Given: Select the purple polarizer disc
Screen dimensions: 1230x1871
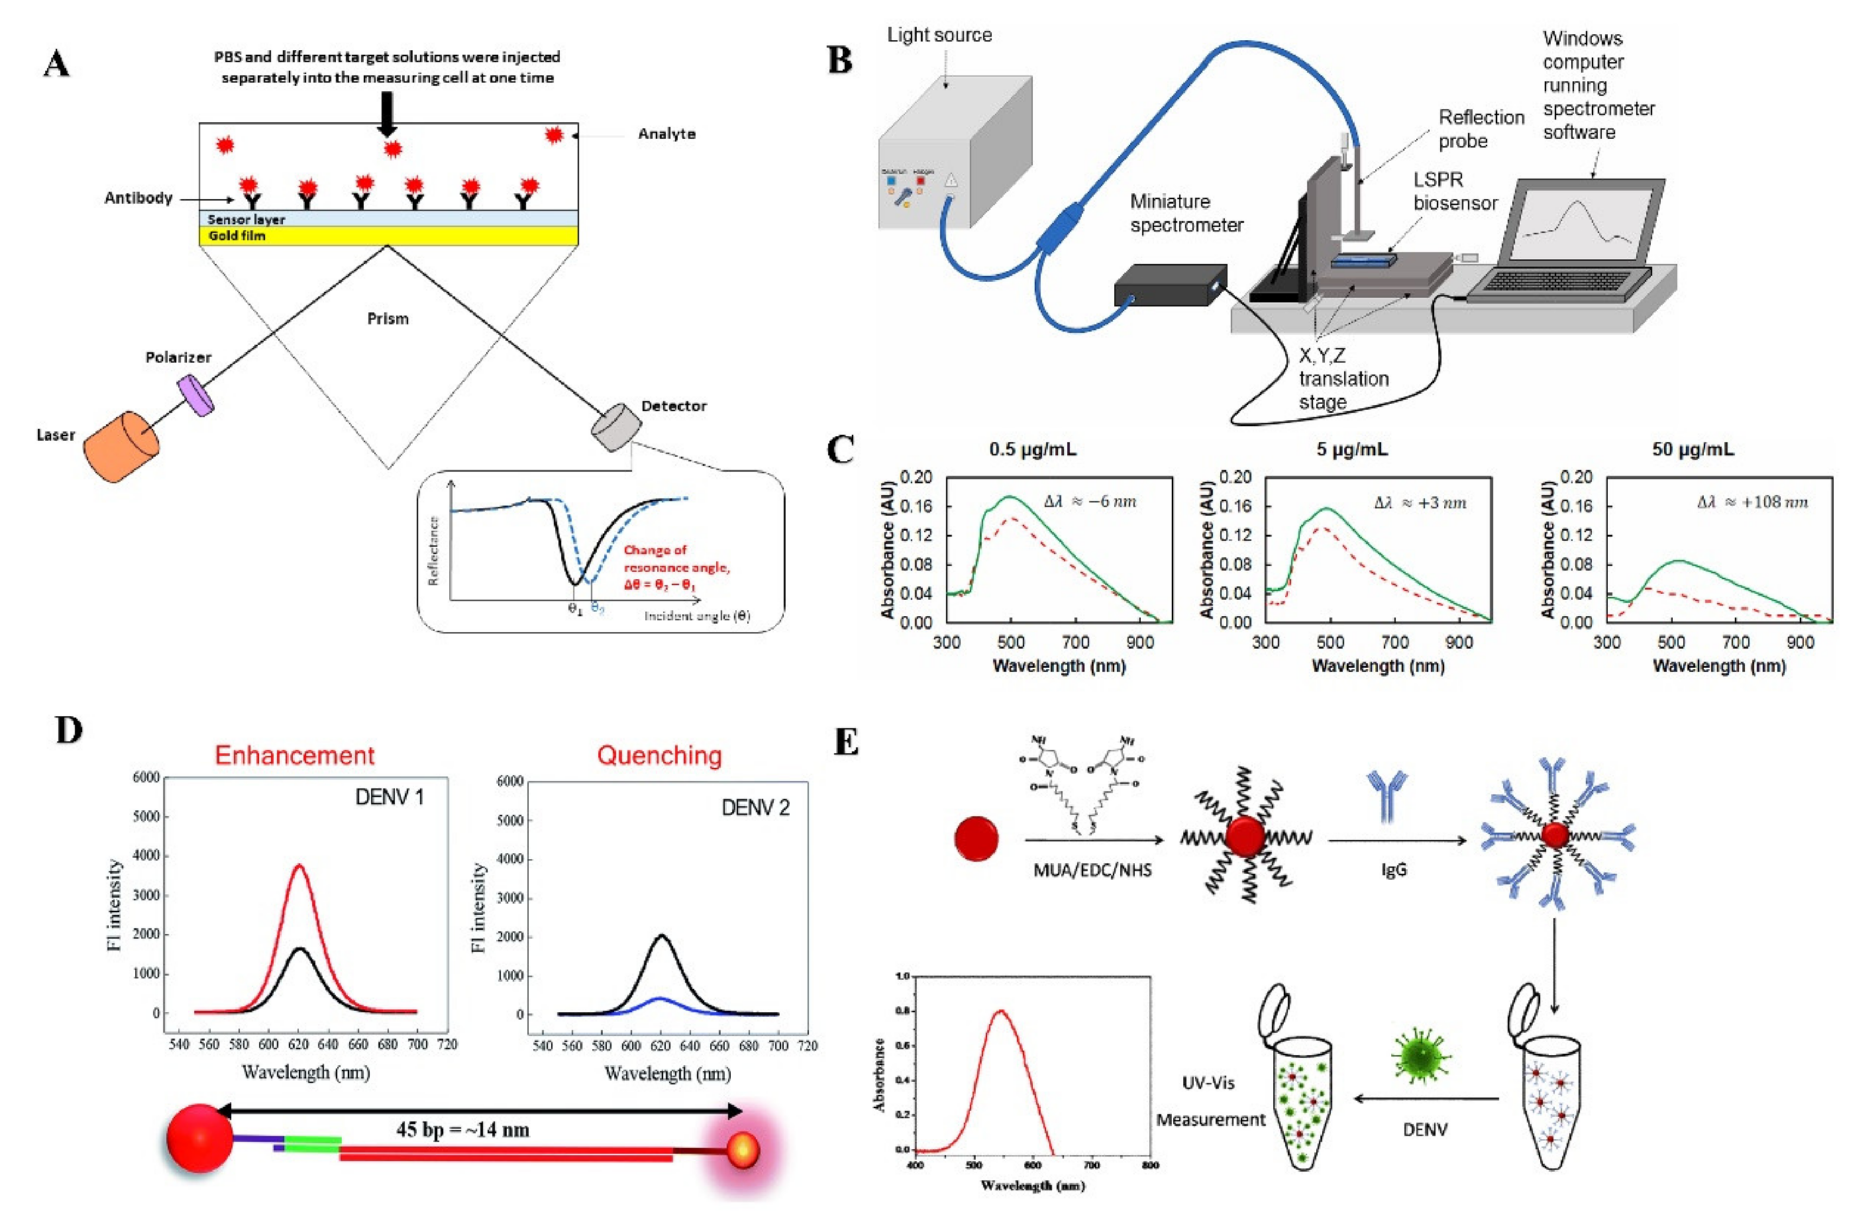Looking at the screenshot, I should click(x=195, y=395).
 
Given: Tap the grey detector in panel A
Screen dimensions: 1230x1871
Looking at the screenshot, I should click(x=616, y=428).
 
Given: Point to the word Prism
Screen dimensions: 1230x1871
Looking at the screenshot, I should click(x=388, y=318).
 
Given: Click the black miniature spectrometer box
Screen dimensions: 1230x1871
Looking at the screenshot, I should click(x=1169, y=285).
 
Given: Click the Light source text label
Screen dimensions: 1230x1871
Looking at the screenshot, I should click(x=939, y=35).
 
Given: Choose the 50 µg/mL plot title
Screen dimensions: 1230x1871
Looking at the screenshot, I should click(x=1692, y=449).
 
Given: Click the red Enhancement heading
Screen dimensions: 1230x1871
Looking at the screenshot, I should click(x=295, y=755).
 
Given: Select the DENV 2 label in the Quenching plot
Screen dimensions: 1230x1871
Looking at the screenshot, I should click(x=755, y=808).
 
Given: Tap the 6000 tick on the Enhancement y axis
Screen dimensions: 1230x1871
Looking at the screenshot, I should click(x=146, y=777).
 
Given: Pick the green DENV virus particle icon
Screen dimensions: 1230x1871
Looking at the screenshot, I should click(x=1421, y=1055).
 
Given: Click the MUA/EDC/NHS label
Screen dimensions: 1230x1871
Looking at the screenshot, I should click(x=1092, y=870).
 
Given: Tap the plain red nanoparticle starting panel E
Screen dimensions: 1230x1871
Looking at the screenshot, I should click(x=977, y=839).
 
